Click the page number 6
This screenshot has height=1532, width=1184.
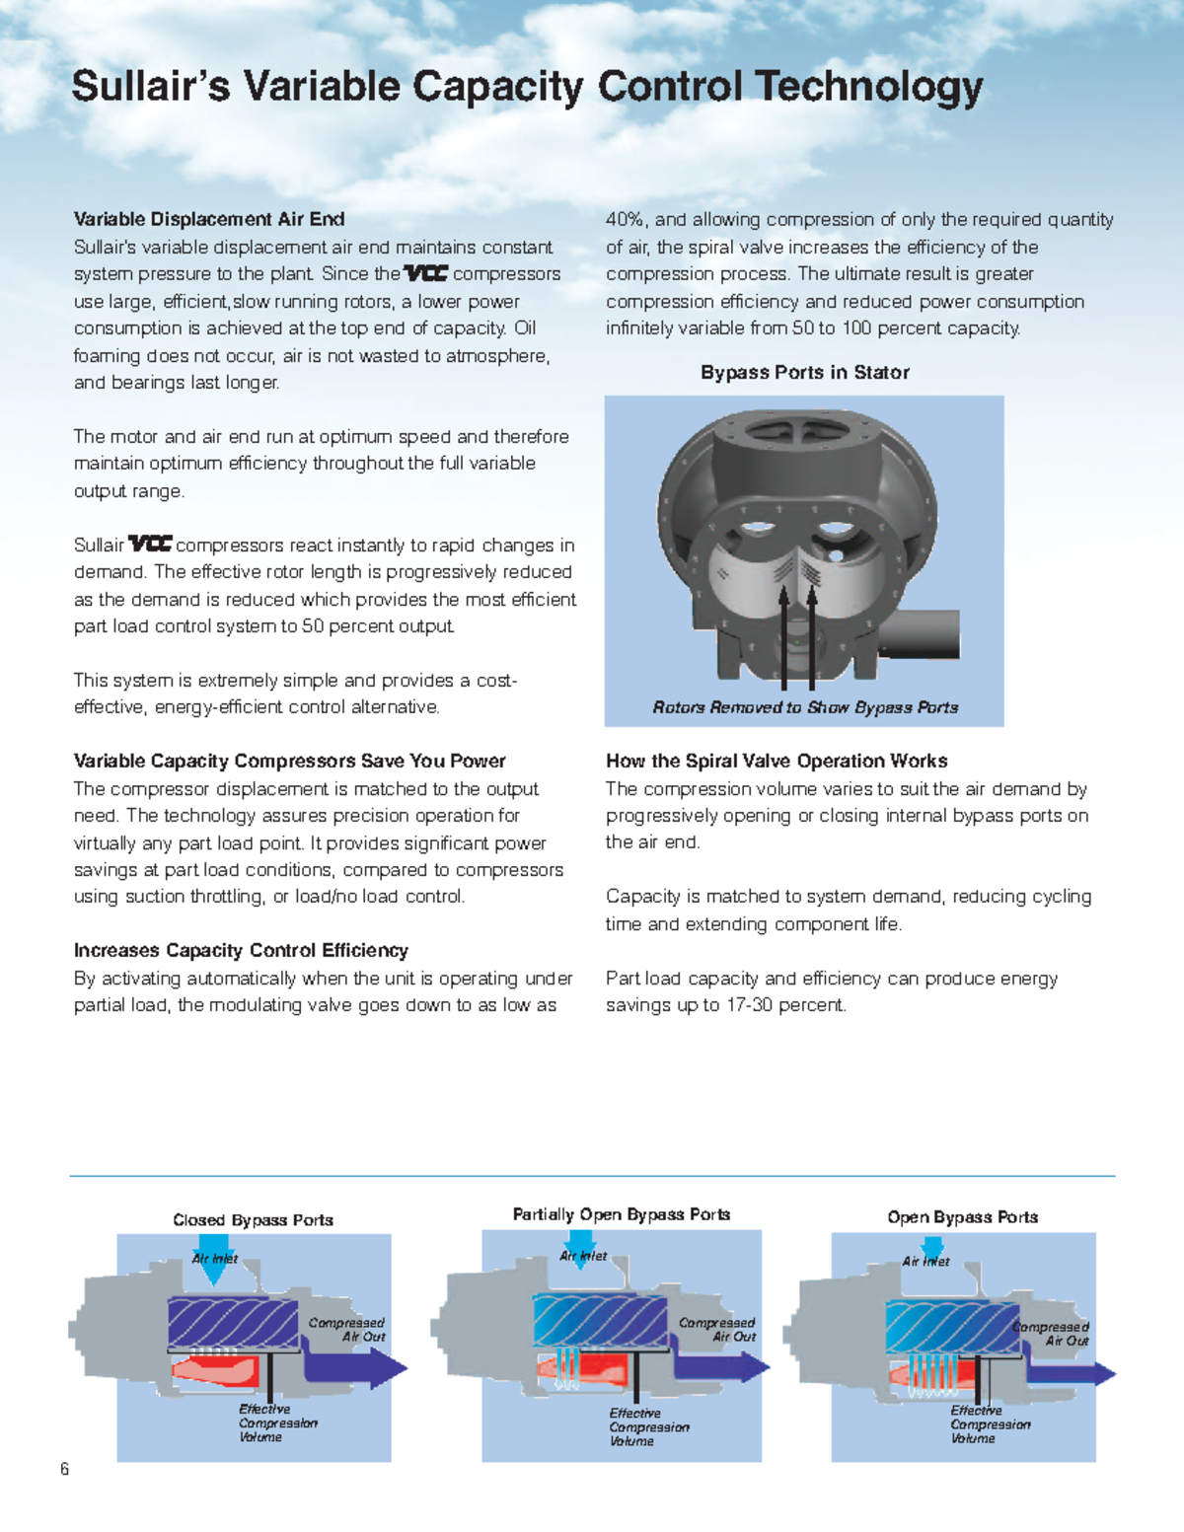tap(65, 1469)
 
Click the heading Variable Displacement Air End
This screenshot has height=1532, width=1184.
tap(209, 219)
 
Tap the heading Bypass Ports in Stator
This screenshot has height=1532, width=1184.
tap(804, 372)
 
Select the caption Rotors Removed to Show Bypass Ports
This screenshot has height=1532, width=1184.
tap(805, 707)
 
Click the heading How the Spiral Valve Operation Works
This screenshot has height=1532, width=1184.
tap(777, 761)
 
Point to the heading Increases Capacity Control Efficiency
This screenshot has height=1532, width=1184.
tap(241, 950)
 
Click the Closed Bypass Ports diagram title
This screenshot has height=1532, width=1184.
tap(254, 1220)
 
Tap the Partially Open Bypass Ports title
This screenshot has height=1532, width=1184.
tap(622, 1214)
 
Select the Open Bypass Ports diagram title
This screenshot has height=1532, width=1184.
tap(962, 1217)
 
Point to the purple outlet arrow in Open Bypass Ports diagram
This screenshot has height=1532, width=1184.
tap(1071, 1373)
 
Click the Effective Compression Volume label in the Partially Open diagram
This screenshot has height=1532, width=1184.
tap(648, 1427)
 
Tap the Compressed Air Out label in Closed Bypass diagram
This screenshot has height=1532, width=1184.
tap(347, 1330)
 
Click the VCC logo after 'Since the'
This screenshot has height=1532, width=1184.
tap(425, 273)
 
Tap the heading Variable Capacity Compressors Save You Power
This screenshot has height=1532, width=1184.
tap(289, 761)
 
